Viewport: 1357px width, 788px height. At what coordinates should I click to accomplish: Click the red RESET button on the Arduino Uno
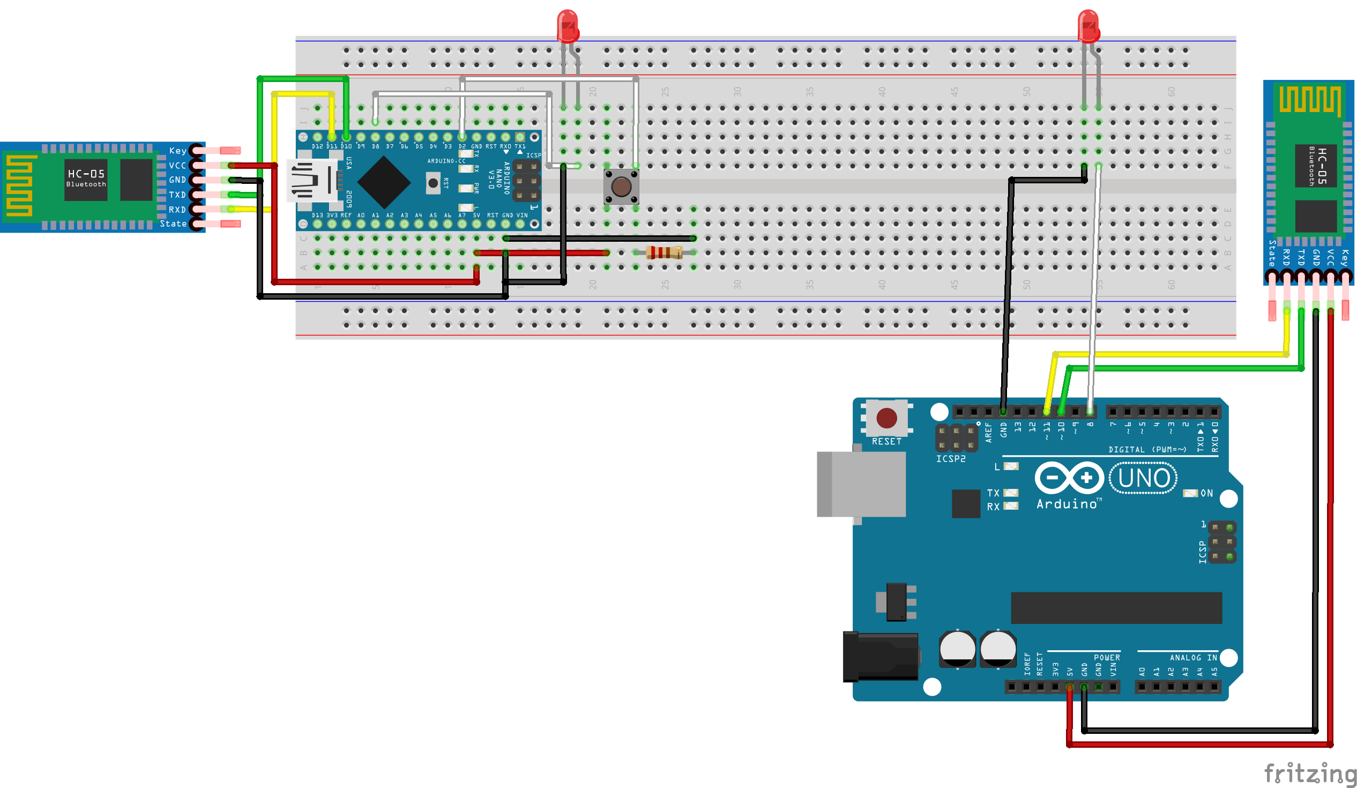pyautogui.click(x=886, y=418)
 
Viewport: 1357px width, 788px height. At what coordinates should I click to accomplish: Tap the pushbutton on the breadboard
pyautogui.click(x=621, y=187)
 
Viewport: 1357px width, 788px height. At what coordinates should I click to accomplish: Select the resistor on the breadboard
pyautogui.click(x=664, y=252)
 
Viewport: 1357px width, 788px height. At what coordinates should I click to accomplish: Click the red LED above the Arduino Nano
pyautogui.click(x=568, y=26)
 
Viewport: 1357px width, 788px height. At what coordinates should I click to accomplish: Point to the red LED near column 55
pyautogui.click(x=1088, y=26)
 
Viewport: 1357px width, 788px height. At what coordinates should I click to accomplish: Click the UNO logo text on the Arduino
pyautogui.click(x=1143, y=478)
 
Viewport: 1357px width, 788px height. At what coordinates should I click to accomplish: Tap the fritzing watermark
pyautogui.click(x=1309, y=774)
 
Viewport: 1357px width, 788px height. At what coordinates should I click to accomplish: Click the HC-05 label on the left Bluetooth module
pyautogui.click(x=86, y=174)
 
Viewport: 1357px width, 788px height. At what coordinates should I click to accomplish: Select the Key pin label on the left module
pyautogui.click(x=178, y=151)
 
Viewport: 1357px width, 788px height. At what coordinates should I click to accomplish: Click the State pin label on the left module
pyautogui.click(x=173, y=224)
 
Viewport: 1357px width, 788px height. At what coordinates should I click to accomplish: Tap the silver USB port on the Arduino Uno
pyautogui.click(x=862, y=484)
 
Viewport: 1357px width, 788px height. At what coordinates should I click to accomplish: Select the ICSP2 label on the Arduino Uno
pyautogui.click(x=950, y=459)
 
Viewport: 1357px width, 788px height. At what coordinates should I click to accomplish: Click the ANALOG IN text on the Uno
pyautogui.click(x=1193, y=658)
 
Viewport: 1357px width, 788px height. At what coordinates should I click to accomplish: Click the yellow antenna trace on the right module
pyautogui.click(x=1310, y=100)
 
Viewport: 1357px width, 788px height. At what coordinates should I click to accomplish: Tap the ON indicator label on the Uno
pyautogui.click(x=1206, y=493)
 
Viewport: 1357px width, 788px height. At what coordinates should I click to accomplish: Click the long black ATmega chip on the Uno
pyautogui.click(x=1116, y=607)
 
